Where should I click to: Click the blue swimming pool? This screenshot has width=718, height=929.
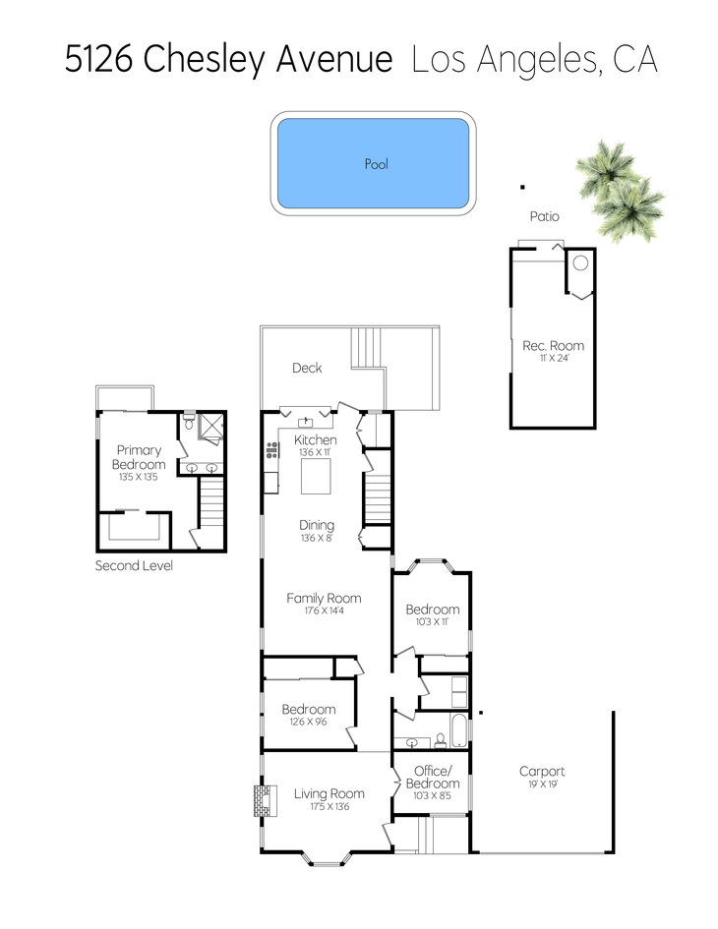point(374,163)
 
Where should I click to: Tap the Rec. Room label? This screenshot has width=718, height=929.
point(553,345)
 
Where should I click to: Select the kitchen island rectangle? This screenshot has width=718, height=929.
point(316,477)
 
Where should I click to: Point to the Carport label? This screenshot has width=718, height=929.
point(542,771)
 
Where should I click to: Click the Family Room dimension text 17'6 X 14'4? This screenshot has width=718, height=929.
point(324,610)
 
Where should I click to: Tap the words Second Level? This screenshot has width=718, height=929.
point(134,565)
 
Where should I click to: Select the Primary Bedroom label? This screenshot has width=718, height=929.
point(139,457)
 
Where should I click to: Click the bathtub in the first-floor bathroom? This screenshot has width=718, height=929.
point(458,731)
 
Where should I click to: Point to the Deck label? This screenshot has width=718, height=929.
point(307,368)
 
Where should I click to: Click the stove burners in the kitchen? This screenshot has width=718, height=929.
point(272,450)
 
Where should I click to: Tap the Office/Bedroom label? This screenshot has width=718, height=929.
point(433,777)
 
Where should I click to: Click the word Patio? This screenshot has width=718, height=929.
point(544,216)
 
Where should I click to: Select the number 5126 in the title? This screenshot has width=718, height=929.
point(98,59)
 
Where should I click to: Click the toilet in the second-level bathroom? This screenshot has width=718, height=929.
point(189,422)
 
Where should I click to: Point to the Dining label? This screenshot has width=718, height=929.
point(317,525)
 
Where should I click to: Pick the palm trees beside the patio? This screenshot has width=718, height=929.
point(620,191)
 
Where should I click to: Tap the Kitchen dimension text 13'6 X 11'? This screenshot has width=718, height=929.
point(315,452)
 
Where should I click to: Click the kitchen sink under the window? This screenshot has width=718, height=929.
point(305,422)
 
